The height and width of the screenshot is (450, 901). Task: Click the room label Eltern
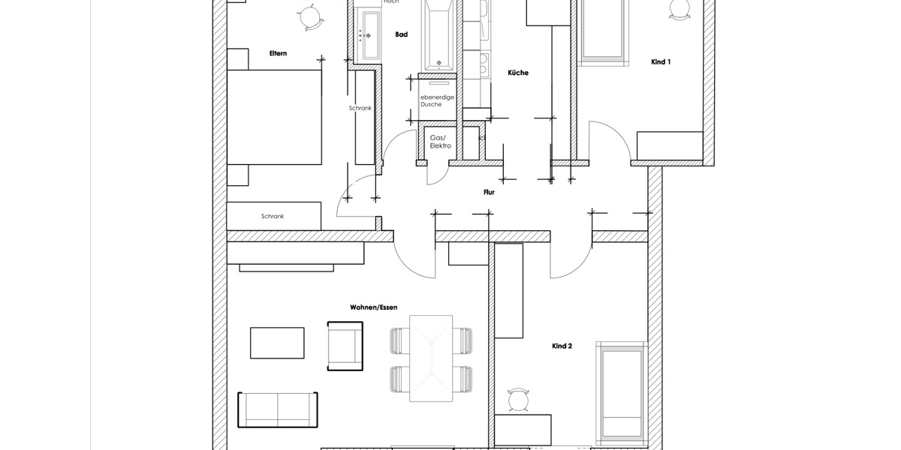pos(278,53)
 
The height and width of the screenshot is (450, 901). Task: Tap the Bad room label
pos(401,34)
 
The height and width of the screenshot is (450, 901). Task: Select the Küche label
pos(518,73)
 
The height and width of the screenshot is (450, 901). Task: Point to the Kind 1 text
pos(661,61)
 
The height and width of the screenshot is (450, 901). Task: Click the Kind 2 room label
pos(562,346)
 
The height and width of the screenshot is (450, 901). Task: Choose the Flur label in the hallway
pos(489,193)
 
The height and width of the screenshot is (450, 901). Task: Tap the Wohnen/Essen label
pos(373,307)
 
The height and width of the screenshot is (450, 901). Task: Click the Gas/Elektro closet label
pos(440,142)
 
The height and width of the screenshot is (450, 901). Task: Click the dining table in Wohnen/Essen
pos(431,358)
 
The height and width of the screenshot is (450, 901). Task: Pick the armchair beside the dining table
pos(345,346)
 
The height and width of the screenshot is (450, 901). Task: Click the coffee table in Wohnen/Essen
pos(277,343)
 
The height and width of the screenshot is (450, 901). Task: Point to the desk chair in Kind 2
pos(518,399)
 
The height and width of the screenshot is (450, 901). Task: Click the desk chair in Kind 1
pos(678,10)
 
